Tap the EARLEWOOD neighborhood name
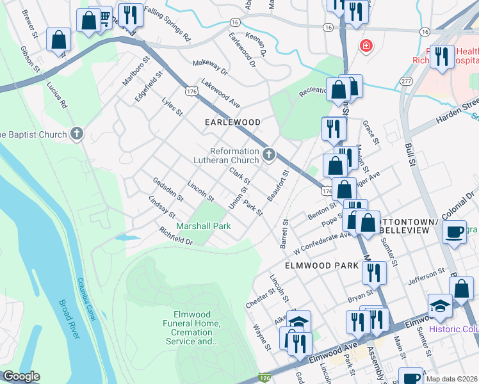tap(232, 122)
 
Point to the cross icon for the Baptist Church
tap(77, 134)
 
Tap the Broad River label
tap(72, 321)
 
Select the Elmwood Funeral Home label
tap(196, 328)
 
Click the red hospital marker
tap(366, 45)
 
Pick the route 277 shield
tap(405, 80)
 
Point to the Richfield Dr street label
tap(176, 236)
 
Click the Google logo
tap(21, 376)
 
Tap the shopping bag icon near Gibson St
tap(59, 40)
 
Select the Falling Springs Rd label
tap(167, 24)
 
